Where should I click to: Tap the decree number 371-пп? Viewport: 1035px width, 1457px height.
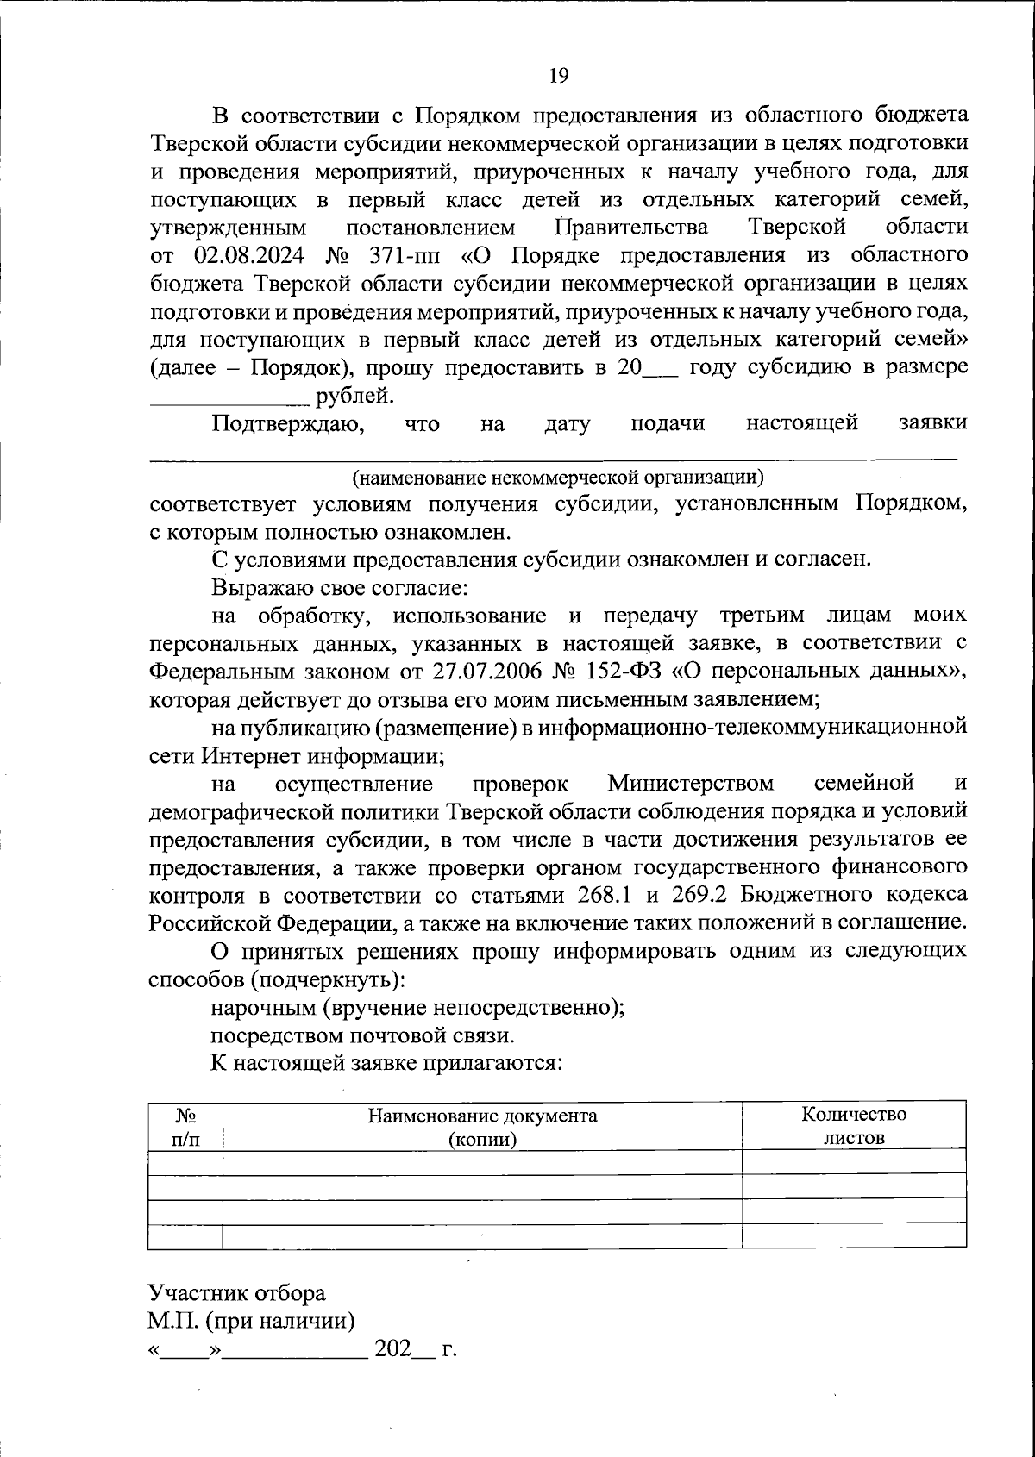404,255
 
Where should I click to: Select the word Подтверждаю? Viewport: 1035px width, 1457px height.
285,424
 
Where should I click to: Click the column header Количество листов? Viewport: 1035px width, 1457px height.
854,1125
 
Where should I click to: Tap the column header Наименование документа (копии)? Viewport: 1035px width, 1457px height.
482,1126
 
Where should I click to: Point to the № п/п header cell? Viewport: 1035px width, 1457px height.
185,1126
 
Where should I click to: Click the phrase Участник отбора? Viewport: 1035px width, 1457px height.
237,1292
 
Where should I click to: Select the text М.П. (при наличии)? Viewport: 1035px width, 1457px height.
252,1321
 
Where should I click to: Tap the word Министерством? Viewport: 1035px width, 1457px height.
690,784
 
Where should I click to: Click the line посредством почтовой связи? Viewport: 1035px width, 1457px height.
363,1035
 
